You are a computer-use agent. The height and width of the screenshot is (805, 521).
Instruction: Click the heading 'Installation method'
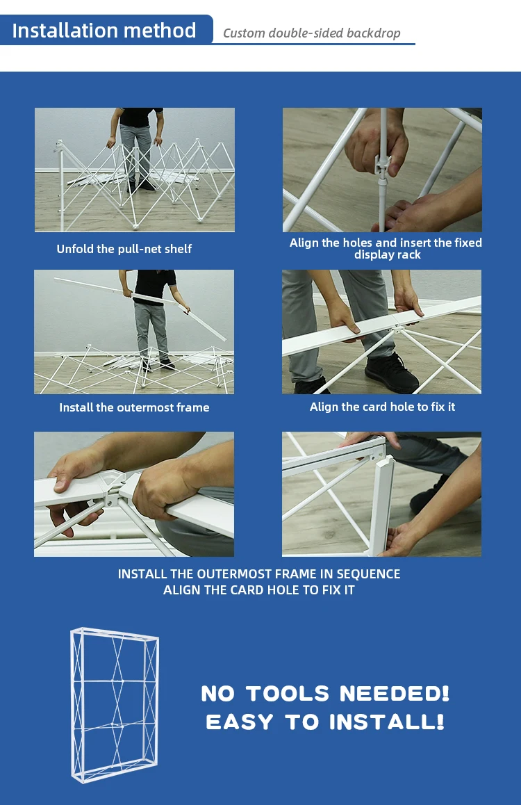tap(104, 31)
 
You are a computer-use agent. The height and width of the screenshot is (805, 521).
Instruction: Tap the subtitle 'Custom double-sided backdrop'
tap(311, 33)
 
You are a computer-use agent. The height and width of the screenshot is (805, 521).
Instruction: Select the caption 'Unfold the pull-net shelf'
tap(124, 249)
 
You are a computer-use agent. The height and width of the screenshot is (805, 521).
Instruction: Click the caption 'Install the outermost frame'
tap(134, 407)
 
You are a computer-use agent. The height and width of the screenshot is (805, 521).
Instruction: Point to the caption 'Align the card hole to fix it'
tap(383, 407)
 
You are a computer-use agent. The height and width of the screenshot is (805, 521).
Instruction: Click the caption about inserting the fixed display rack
tap(386, 248)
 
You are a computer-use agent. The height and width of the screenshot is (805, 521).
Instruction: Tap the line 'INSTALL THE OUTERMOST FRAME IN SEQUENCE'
tap(259, 574)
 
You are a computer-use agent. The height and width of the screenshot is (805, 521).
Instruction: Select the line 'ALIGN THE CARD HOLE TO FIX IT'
tap(259, 590)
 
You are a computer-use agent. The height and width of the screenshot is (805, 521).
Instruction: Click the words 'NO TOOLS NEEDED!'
tap(325, 694)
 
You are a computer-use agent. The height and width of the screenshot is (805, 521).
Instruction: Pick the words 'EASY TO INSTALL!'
tap(325, 722)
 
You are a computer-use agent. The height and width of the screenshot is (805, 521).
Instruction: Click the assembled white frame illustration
tap(115, 705)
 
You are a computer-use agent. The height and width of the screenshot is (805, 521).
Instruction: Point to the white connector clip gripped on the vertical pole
tap(383, 165)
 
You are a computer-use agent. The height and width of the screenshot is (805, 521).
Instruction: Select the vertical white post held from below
tap(381, 505)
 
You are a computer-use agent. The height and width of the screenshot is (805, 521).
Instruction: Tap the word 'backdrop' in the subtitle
tap(373, 33)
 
